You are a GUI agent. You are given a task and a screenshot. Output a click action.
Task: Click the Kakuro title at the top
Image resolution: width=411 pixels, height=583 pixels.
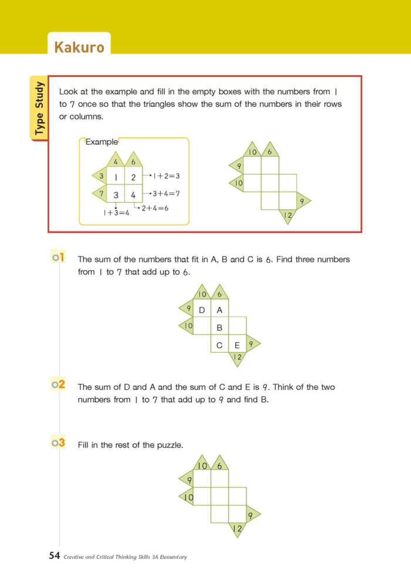pos(79,46)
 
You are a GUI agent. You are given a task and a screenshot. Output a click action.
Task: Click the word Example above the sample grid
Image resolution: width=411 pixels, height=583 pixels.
pos(102,141)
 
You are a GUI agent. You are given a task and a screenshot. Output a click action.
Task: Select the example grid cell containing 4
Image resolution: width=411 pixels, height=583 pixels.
pos(133,195)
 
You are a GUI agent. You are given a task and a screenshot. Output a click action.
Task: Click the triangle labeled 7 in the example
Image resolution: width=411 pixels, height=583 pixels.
pos(99,193)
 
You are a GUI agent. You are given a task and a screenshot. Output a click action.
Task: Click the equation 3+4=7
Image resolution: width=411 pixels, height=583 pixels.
pos(166,193)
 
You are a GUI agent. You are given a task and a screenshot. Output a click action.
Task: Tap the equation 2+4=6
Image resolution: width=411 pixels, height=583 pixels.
pos(155,208)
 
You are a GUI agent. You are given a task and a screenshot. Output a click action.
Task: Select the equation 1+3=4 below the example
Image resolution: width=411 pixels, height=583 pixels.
pos(117,213)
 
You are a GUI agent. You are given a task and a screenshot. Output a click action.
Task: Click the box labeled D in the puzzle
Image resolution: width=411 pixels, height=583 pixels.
pos(202,310)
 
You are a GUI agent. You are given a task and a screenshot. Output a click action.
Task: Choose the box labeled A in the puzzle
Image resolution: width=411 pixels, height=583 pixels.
pos(220,310)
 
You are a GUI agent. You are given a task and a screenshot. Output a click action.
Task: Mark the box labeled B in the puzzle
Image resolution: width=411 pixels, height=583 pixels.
pos(220,328)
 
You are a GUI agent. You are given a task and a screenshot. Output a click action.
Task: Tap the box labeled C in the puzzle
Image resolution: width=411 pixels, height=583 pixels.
pos(220,345)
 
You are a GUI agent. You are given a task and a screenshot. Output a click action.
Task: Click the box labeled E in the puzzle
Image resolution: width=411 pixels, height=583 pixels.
pos(237,345)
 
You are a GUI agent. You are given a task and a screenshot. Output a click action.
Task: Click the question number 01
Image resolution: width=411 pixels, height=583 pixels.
pos(58,258)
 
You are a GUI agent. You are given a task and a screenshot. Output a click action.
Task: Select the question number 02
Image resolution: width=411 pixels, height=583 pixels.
pos(58,385)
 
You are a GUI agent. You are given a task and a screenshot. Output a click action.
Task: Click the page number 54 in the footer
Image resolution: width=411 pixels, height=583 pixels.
pos(55,555)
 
